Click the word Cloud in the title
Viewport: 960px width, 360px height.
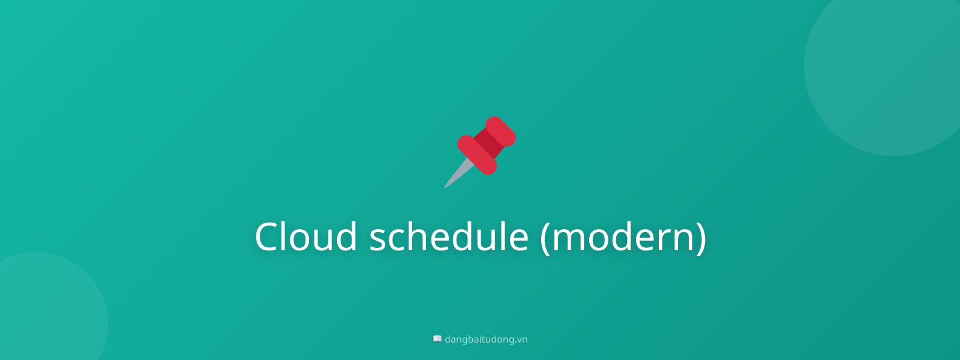pos(306,236)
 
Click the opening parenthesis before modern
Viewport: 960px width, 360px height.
pos(545,238)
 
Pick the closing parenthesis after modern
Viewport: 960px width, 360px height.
pos(701,238)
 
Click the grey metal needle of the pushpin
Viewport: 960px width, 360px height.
pos(457,175)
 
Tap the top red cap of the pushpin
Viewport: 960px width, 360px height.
pos(501,131)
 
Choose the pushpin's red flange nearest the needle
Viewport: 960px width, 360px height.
pos(477,155)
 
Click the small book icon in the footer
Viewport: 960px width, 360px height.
pos(437,339)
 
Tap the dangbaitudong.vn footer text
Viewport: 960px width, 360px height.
pos(486,340)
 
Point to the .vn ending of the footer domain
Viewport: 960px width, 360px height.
pos(521,340)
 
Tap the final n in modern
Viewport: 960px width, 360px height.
pos(682,239)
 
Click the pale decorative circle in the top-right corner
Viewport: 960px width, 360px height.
pos(894,66)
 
